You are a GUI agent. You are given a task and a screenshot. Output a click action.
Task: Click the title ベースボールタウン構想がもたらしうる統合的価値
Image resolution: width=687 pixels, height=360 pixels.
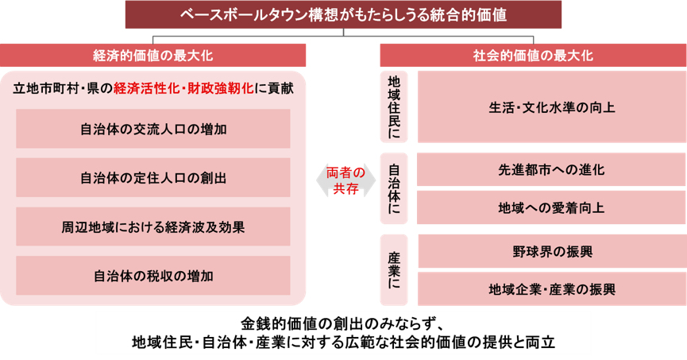(x=343, y=14)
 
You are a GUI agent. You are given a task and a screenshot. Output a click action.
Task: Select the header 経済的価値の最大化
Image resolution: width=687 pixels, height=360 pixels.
(x=153, y=56)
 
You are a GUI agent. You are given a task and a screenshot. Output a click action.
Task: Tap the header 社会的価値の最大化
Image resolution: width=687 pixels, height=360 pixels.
(x=533, y=56)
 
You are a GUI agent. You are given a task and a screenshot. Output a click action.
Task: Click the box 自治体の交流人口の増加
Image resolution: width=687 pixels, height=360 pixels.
(x=153, y=129)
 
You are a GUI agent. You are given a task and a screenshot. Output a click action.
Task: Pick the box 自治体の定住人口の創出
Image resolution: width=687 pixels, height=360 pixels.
(x=153, y=177)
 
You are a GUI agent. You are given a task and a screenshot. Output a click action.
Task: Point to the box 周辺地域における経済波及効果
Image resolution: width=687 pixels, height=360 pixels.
(x=153, y=226)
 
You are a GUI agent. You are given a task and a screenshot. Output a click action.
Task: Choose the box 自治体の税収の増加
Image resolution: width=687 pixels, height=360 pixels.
(x=153, y=276)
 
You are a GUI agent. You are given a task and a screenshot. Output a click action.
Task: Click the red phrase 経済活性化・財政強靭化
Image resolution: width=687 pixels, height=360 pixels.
(x=183, y=88)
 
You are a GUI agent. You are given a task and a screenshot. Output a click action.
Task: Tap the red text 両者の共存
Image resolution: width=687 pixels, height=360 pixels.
(x=345, y=180)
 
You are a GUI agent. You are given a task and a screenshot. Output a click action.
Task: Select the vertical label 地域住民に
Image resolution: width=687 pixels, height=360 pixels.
(x=394, y=107)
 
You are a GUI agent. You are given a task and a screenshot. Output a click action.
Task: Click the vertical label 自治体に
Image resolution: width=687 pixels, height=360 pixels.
(x=394, y=188)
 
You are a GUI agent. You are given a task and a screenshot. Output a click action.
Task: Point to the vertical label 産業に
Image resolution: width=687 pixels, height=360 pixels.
(x=394, y=270)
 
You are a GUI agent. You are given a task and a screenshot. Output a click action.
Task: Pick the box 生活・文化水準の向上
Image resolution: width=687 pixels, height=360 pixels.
(x=552, y=107)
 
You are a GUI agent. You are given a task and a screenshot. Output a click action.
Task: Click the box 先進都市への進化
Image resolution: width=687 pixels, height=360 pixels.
(x=552, y=170)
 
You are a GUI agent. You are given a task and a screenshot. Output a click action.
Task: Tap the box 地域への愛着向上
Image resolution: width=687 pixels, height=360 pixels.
(x=552, y=207)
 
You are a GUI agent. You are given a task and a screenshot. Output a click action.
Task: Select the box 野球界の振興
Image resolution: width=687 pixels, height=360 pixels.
(x=552, y=251)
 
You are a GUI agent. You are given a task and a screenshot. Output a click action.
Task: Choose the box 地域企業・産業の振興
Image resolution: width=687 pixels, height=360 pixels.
(x=552, y=289)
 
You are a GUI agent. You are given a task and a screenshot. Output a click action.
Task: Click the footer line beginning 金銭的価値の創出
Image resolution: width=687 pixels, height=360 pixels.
(x=343, y=324)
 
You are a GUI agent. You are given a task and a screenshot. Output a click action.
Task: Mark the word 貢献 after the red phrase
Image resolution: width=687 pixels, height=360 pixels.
(x=281, y=88)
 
